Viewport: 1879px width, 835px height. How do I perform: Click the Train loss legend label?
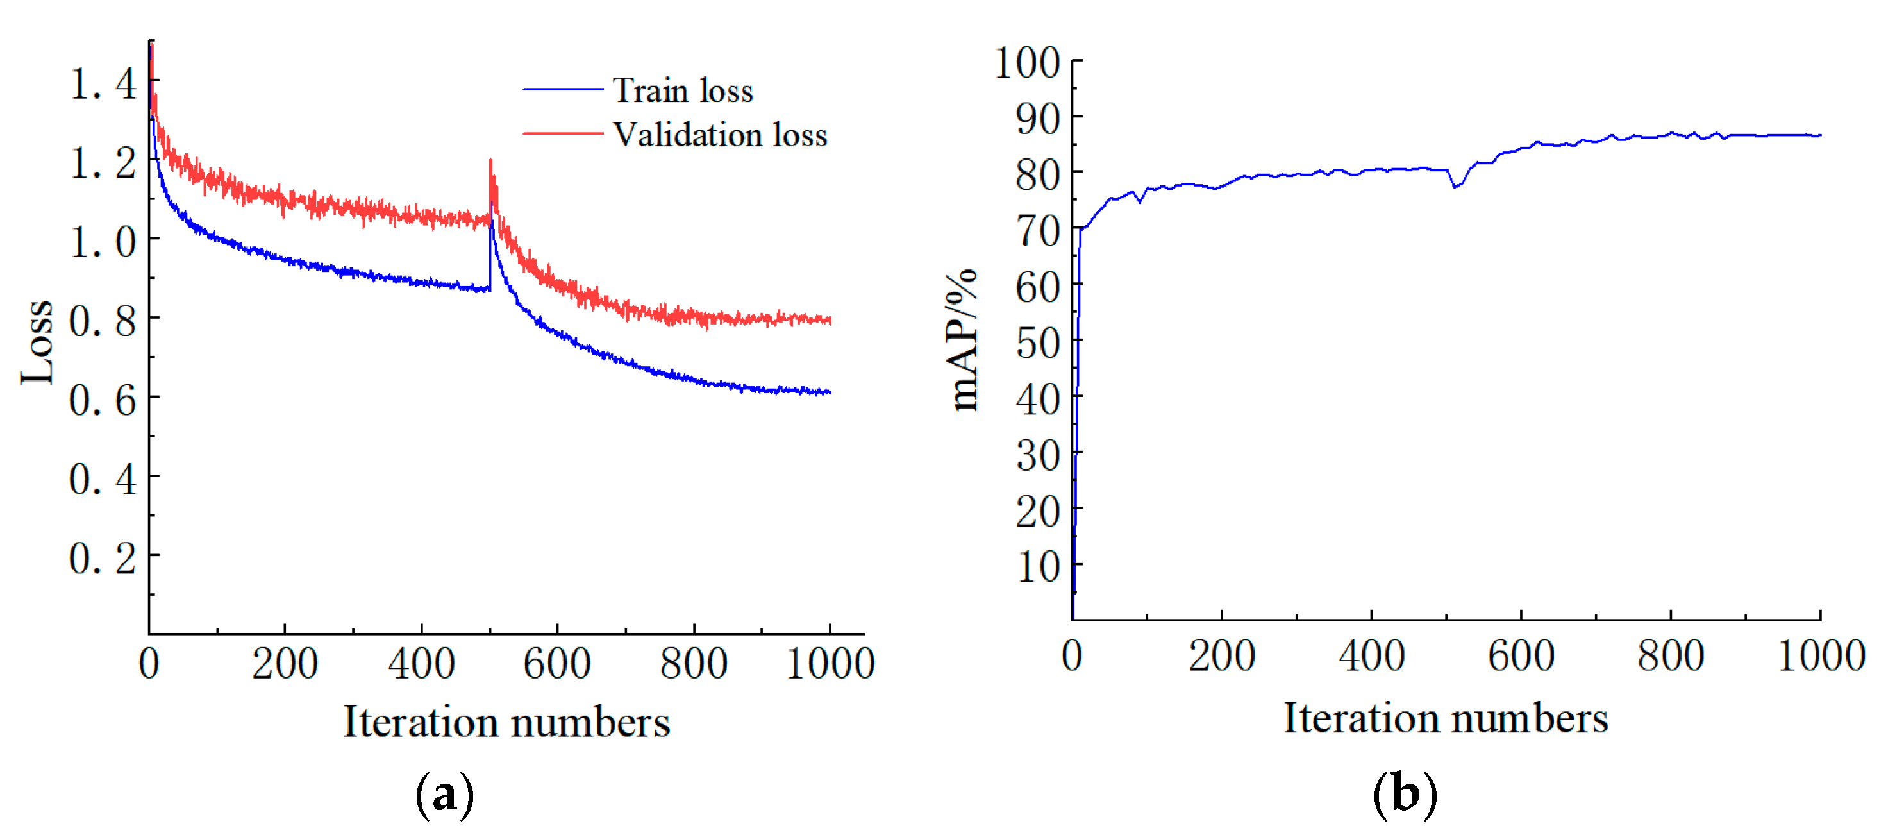click(682, 90)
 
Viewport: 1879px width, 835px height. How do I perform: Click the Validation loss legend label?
click(719, 135)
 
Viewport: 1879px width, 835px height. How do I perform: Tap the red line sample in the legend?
click(562, 133)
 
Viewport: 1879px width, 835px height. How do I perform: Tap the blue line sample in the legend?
click(562, 89)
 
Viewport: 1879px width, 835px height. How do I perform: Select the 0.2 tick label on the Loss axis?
click(103, 559)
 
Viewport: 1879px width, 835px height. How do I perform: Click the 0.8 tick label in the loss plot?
click(103, 321)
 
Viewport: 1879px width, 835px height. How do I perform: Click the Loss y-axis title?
click(37, 342)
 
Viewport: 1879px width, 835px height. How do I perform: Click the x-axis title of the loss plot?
click(506, 722)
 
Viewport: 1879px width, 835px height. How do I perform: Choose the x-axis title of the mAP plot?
click(1446, 718)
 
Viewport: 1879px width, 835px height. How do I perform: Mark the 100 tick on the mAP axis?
click(1027, 62)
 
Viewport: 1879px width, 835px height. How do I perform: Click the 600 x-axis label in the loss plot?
click(556, 664)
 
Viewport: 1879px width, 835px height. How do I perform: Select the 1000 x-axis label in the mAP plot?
click(1821, 655)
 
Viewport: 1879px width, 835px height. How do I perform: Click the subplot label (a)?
click(444, 794)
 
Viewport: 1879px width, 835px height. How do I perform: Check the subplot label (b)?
click(1405, 793)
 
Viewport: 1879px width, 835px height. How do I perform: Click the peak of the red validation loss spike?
click(490, 160)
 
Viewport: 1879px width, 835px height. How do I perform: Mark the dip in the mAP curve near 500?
click(1455, 187)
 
